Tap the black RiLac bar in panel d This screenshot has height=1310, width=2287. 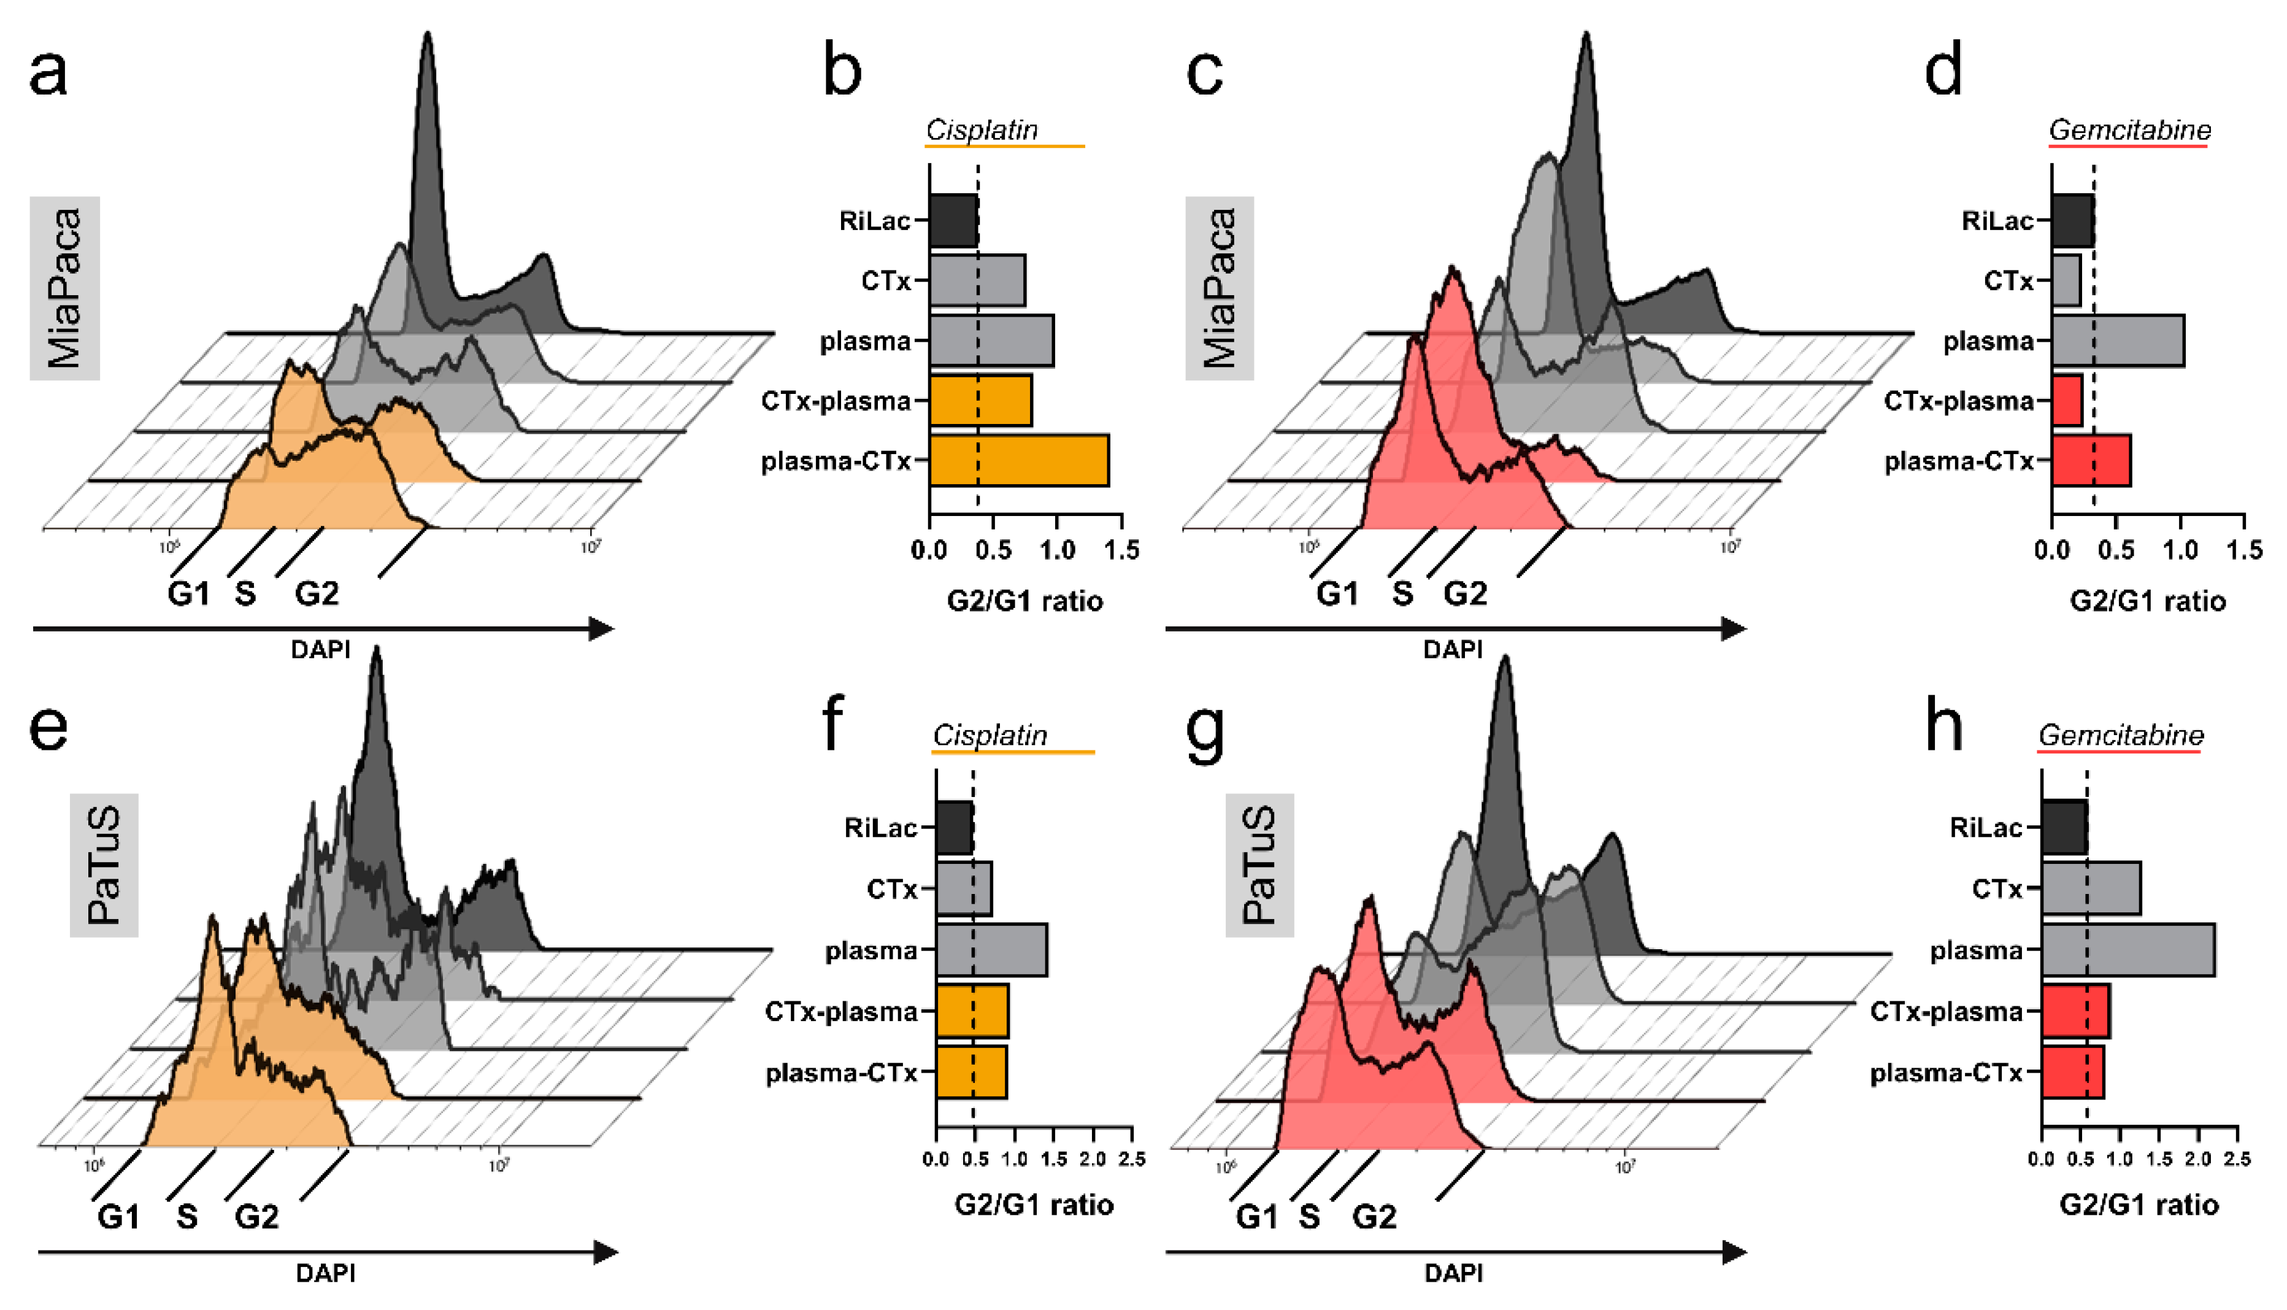pyautogui.click(x=2072, y=220)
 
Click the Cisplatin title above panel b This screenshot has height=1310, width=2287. pyautogui.click(x=982, y=131)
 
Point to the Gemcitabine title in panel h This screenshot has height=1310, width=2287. pyautogui.click(x=2121, y=735)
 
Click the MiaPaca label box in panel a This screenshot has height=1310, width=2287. pyautogui.click(x=65, y=288)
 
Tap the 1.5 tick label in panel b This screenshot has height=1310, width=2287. pyautogui.click(x=1121, y=550)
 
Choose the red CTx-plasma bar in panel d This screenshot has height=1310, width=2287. pyautogui.click(x=2067, y=401)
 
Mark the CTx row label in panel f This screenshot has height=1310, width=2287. pyautogui.click(x=891, y=889)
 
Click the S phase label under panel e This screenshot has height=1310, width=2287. pyautogui.click(x=186, y=1216)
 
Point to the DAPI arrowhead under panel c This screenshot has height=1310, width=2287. pyautogui.click(x=1733, y=628)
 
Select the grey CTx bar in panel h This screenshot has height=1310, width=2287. pyautogui.click(x=2090, y=889)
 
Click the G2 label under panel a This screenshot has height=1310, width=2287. pyautogui.click(x=317, y=594)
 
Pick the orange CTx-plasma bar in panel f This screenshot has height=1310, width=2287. pyautogui.click(x=972, y=1011)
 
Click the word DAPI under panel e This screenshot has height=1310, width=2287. pyautogui.click(x=326, y=1273)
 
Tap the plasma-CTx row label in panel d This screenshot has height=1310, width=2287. pyautogui.click(x=1959, y=461)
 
